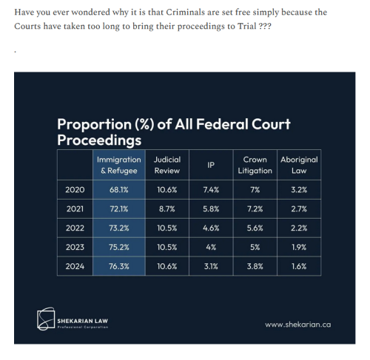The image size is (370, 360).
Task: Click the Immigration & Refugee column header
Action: (x=120, y=165)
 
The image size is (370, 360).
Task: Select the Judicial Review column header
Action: (x=167, y=165)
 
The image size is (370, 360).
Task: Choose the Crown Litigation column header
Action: (x=256, y=165)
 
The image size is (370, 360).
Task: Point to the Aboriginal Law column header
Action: (x=299, y=165)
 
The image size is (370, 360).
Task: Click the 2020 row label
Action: (x=75, y=190)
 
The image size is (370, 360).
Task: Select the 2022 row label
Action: (x=75, y=228)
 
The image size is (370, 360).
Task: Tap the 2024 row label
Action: (x=75, y=265)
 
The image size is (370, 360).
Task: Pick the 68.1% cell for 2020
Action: (x=120, y=190)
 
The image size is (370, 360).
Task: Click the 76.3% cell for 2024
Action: (x=120, y=265)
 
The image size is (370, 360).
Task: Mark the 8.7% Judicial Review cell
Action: (x=167, y=209)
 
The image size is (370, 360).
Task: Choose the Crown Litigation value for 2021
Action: (x=256, y=209)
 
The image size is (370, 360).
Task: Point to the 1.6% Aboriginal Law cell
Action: (x=299, y=265)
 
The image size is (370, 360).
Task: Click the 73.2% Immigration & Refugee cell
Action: (x=120, y=228)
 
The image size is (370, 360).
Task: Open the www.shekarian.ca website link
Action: (x=297, y=324)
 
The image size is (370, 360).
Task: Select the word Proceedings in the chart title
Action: (x=99, y=139)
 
